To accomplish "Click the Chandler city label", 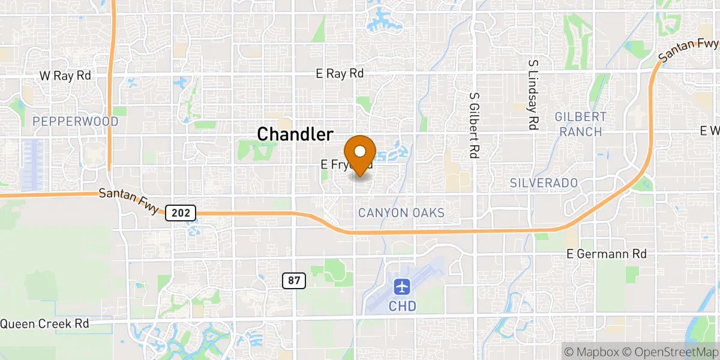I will (295, 134).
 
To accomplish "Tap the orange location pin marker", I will (360, 155).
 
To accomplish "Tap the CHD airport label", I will (402, 306).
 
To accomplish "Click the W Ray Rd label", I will (65, 76).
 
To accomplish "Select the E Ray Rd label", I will (340, 74).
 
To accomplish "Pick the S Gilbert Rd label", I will (474, 125).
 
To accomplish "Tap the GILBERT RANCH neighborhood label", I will (581, 124).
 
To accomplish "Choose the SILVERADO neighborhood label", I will (544, 182).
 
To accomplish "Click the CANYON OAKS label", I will (401, 213).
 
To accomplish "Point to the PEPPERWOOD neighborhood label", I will (76, 122).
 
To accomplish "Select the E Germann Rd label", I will (607, 254).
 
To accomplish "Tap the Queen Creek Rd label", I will (44, 323).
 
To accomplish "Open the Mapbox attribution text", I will (592, 352).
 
